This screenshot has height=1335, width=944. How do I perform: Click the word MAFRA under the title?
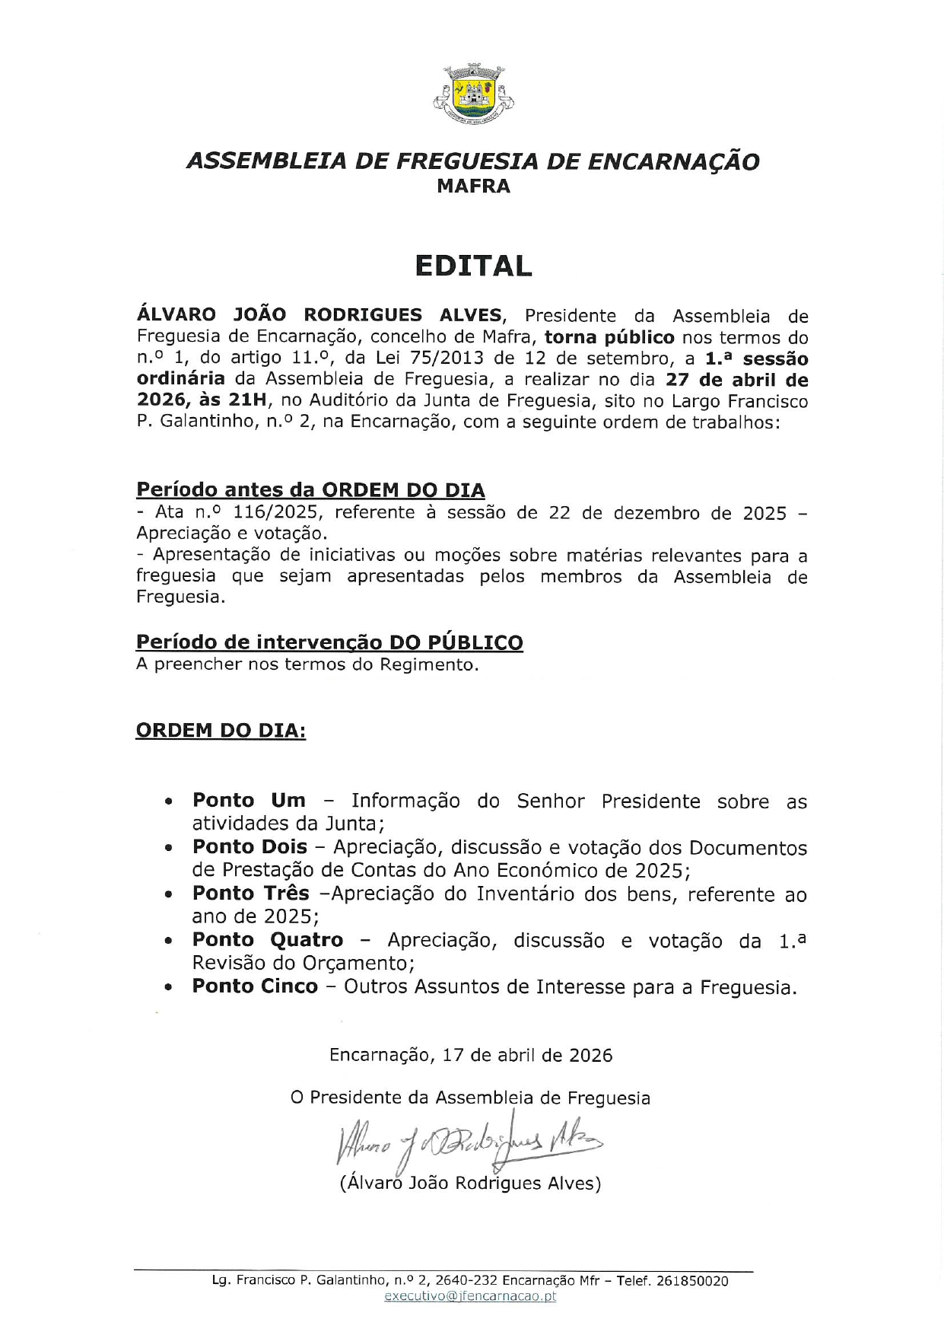pos(473,186)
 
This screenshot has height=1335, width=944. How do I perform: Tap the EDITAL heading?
pos(472,266)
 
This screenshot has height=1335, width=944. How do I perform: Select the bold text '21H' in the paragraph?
pos(246,400)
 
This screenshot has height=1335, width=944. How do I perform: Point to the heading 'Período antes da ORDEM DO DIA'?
pos(310,489)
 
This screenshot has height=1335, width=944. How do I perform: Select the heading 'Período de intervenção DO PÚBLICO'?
pos(329,642)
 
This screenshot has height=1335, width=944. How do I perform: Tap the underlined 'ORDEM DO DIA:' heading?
pos(221,730)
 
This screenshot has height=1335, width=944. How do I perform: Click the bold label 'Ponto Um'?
pos(249,800)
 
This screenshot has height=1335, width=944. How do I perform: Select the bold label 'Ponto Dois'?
pos(250,846)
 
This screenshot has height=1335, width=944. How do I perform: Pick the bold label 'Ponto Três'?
pos(250,893)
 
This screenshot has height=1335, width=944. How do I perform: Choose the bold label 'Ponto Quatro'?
pos(268,940)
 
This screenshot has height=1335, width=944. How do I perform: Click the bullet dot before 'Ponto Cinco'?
pos(169,987)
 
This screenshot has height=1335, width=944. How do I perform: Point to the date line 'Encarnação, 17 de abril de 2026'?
pos(471,1055)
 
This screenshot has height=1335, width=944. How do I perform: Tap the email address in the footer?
pos(470,1296)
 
